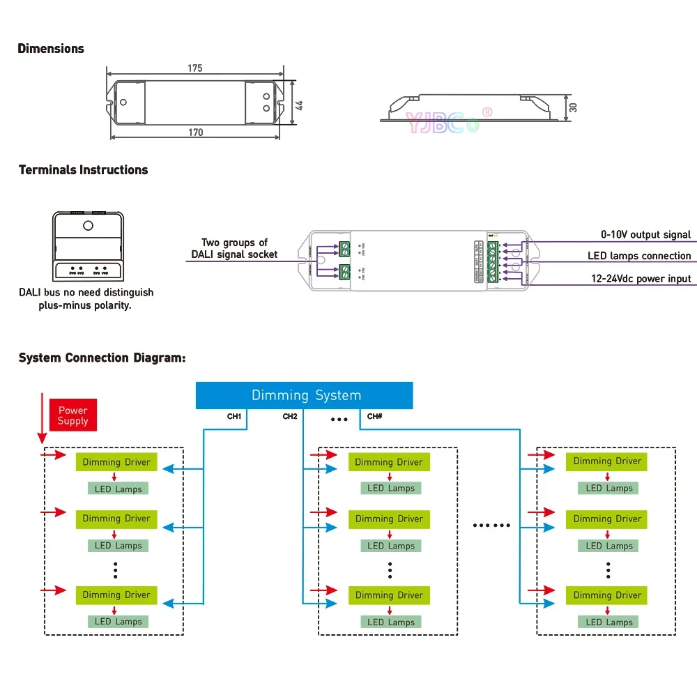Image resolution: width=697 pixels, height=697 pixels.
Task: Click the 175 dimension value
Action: click(195, 68)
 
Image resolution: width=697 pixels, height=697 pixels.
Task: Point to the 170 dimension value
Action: click(196, 132)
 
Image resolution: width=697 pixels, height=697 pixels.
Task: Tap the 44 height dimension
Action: click(300, 104)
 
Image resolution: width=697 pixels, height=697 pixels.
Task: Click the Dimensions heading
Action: click(51, 49)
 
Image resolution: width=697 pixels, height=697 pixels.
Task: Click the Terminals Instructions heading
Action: click(83, 170)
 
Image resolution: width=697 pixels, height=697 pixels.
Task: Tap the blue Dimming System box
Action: click(305, 395)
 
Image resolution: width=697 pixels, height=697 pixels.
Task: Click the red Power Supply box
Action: click(73, 416)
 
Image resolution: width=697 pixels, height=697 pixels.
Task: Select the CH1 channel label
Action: click(234, 417)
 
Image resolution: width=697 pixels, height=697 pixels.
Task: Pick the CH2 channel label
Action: click(290, 417)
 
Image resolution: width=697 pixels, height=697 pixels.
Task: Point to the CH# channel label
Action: click(375, 417)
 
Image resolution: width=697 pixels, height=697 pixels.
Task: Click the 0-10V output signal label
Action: click(646, 235)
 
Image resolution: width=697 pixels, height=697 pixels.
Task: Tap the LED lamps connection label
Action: click(639, 256)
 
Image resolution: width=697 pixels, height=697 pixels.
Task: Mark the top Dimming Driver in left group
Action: click(116, 462)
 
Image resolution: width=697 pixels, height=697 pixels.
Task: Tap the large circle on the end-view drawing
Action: click(88, 225)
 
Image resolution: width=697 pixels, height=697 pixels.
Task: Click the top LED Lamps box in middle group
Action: click(391, 489)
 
